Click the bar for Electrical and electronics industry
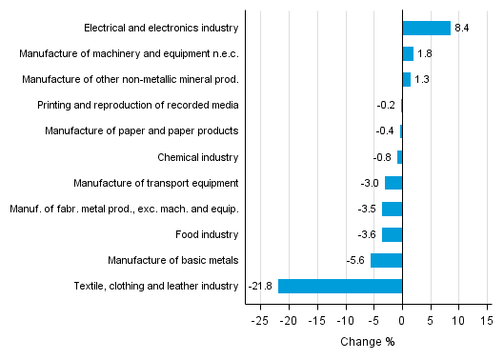(426, 28)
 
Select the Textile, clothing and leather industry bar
(340, 286)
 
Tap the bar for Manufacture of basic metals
(386, 260)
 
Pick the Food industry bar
(392, 234)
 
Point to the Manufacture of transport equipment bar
(393, 183)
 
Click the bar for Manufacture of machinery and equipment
(408, 53)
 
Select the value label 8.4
(461, 28)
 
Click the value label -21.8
(261, 286)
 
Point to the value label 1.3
(422, 79)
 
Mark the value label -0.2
(388, 105)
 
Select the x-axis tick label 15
(486, 321)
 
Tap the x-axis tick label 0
(402, 321)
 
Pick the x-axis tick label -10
(345, 321)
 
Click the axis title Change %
(367, 342)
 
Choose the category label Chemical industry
(198, 156)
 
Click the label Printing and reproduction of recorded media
(138, 105)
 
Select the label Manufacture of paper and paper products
(141, 130)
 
